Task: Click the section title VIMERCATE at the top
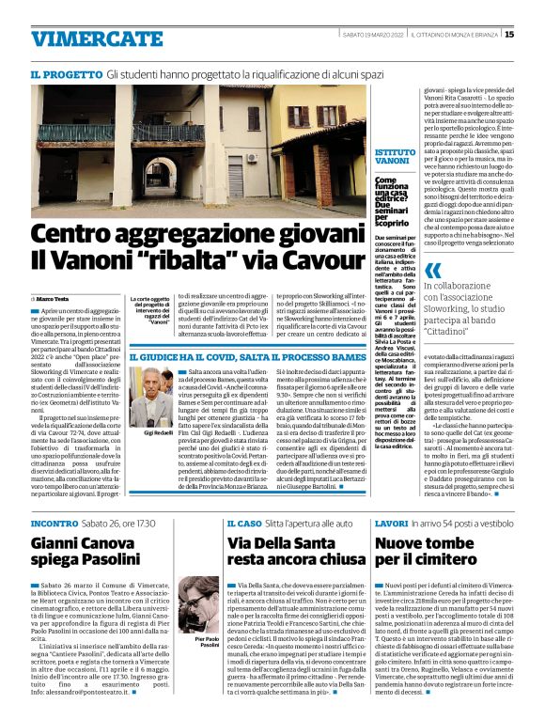(x=84, y=39)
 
